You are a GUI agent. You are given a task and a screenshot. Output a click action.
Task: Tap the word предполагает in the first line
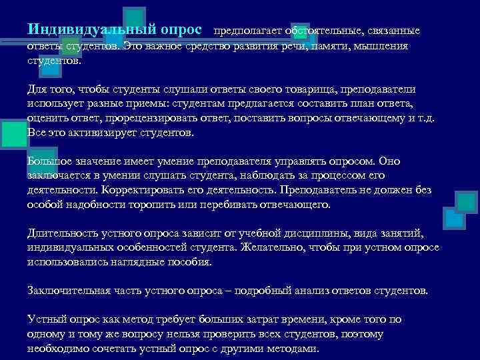pos(249,31)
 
